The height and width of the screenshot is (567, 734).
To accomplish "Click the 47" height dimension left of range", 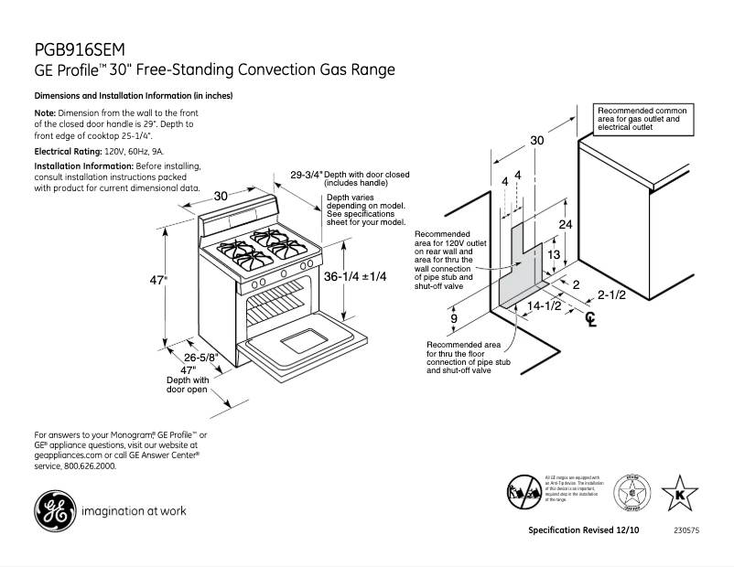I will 158,281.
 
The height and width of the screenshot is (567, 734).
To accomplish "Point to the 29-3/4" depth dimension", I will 307,175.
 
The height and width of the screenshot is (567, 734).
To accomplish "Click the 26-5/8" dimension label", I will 200,357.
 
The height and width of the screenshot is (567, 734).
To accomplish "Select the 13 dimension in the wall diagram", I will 553,255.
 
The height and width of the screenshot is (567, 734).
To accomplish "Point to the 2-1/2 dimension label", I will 611,294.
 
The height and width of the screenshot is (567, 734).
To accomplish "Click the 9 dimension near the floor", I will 454,318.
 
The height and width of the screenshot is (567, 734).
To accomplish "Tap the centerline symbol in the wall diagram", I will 591,319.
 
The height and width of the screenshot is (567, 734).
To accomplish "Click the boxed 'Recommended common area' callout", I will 643,119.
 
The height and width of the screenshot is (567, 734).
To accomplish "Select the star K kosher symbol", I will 679,494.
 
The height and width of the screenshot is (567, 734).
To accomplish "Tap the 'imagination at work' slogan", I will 135,511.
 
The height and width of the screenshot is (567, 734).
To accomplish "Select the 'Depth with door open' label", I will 188,384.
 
